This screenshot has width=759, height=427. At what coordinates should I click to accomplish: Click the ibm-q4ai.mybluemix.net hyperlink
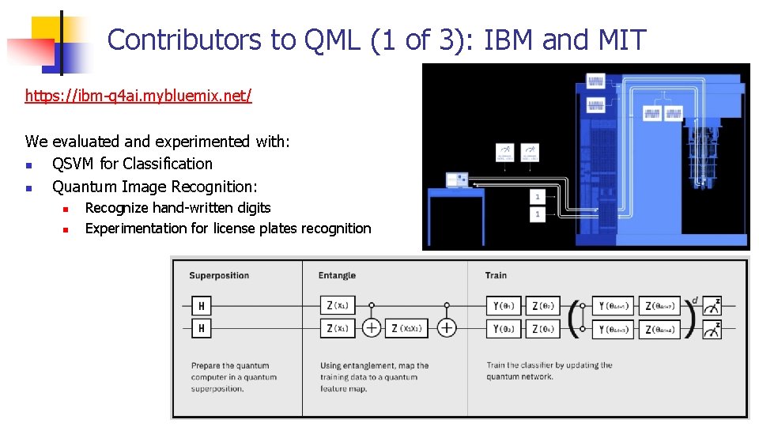138,96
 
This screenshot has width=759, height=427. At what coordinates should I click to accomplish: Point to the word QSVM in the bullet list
74,164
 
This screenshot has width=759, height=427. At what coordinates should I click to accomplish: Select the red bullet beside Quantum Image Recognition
29,187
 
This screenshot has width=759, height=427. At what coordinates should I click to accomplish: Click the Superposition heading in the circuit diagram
219,276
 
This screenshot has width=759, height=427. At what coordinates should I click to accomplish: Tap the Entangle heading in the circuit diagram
337,276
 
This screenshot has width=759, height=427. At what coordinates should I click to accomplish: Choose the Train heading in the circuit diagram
497,276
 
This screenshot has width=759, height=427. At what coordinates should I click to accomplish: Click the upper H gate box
202,306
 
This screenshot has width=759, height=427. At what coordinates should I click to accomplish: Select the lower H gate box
202,327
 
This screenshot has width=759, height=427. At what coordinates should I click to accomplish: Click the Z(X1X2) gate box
406,327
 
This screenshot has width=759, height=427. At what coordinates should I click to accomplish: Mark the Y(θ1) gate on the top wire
504,306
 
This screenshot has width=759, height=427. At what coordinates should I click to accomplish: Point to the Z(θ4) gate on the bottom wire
542,327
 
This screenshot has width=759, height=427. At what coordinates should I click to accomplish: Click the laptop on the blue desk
457,180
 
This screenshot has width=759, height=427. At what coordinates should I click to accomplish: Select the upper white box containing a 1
538,196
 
